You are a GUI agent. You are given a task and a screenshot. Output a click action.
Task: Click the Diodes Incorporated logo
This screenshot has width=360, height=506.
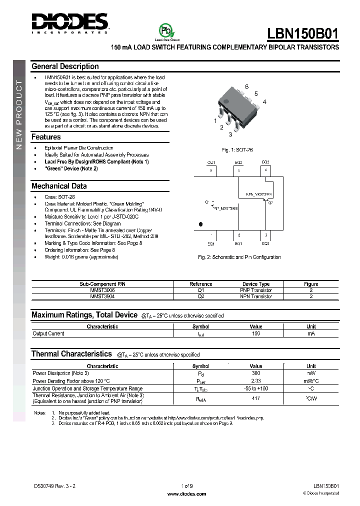69,22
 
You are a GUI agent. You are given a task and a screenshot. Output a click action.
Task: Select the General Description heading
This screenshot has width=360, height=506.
65,66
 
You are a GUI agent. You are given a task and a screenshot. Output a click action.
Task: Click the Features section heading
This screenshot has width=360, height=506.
46,137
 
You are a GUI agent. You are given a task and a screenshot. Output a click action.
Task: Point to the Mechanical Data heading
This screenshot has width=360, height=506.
59,186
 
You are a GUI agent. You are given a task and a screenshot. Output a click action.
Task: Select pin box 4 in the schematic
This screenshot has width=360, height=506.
266,170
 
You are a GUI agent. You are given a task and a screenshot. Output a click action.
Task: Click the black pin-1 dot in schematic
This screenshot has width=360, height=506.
201,224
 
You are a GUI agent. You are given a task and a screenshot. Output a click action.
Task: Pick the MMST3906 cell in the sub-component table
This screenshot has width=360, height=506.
104,290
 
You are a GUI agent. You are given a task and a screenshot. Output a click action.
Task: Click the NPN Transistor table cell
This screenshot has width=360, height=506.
256,296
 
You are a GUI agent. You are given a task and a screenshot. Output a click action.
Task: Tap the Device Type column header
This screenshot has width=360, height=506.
256,284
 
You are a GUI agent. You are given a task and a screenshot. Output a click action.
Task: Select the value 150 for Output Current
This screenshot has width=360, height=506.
256,333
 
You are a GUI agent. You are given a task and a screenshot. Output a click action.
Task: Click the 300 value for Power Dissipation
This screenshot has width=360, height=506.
256,373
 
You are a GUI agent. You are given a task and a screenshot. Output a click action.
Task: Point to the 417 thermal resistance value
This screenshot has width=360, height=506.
256,398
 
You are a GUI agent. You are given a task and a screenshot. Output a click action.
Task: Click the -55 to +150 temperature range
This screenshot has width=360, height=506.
256,388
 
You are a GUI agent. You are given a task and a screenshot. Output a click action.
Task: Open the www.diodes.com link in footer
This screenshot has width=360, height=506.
186,494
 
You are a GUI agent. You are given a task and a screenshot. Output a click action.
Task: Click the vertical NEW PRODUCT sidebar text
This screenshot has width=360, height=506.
19,115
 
